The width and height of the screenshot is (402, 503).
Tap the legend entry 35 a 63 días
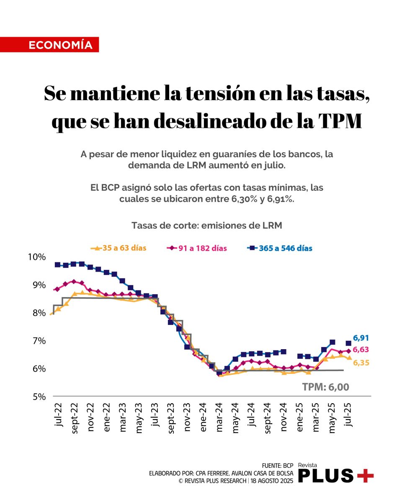(x=119, y=248)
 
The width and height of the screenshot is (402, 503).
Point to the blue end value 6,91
(x=361, y=338)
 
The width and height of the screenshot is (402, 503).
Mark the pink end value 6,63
(x=361, y=350)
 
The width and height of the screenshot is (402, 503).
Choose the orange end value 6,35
(x=361, y=363)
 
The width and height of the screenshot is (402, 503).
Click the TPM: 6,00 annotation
(x=326, y=387)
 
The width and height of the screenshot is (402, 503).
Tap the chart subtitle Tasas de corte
(x=206, y=225)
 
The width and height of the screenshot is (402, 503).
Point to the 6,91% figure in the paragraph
(x=278, y=199)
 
